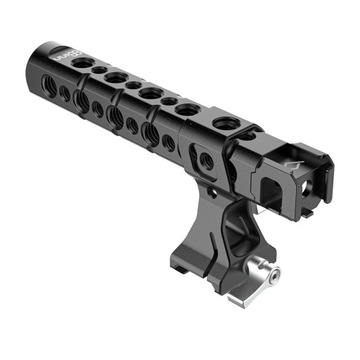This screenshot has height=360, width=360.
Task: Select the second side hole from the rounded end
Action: pyautogui.click(x=66, y=94)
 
